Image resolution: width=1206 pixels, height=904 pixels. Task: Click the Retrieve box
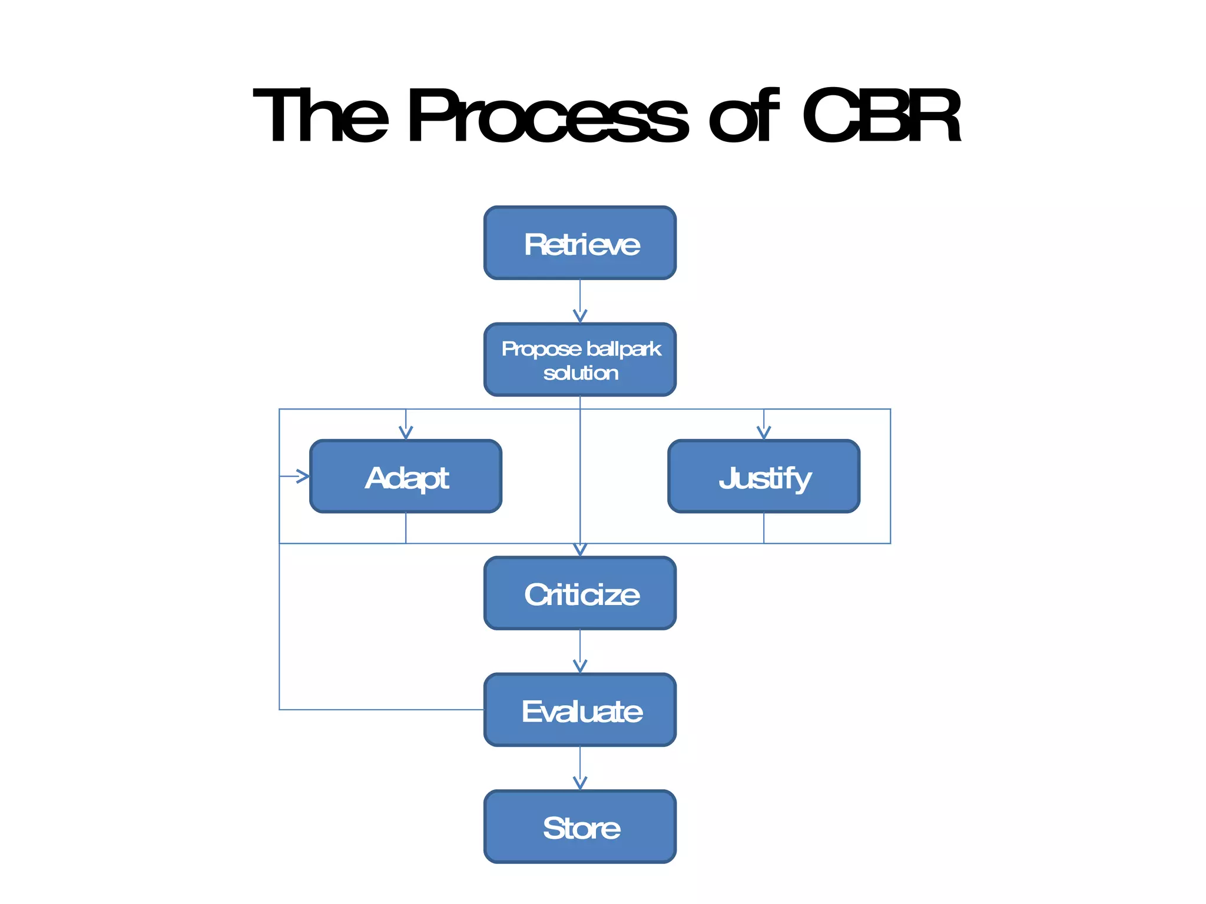pos(580,243)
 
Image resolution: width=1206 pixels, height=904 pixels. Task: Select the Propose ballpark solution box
pos(580,360)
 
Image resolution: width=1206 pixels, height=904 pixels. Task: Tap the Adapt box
pos(406,477)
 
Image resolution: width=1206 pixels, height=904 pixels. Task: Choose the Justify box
pos(764,477)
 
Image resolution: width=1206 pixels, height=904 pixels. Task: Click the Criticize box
pos(580,593)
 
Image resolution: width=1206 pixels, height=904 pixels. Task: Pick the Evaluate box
pos(580,710)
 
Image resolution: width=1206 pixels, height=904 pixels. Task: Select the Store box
pos(580,827)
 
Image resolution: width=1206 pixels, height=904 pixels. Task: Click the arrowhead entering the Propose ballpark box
pos(580,317)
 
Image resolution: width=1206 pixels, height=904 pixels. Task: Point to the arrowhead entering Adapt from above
pos(406,433)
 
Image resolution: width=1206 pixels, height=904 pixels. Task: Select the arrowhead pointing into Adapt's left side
pos(303,476)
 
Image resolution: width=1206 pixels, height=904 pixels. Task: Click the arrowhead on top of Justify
pos(764,433)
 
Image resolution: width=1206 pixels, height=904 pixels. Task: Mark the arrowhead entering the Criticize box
pos(580,550)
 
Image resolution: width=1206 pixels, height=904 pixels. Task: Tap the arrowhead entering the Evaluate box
pos(580,666)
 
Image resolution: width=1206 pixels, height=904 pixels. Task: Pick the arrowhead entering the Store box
pos(580,783)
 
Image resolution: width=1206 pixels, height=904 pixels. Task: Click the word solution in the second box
pos(581,373)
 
